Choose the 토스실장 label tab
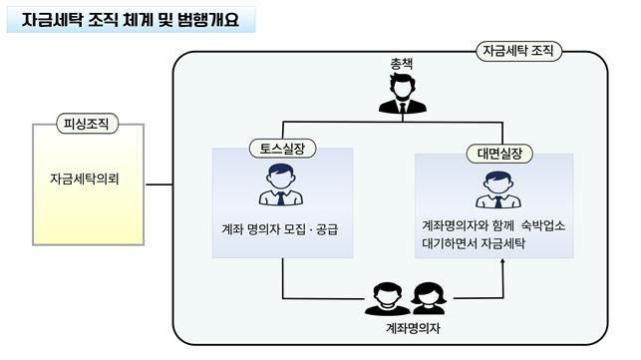point(283,149)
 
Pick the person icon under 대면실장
point(496,188)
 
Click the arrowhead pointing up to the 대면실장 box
point(503,262)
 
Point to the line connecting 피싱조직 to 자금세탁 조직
point(159,182)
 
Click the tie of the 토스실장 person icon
point(282,197)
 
